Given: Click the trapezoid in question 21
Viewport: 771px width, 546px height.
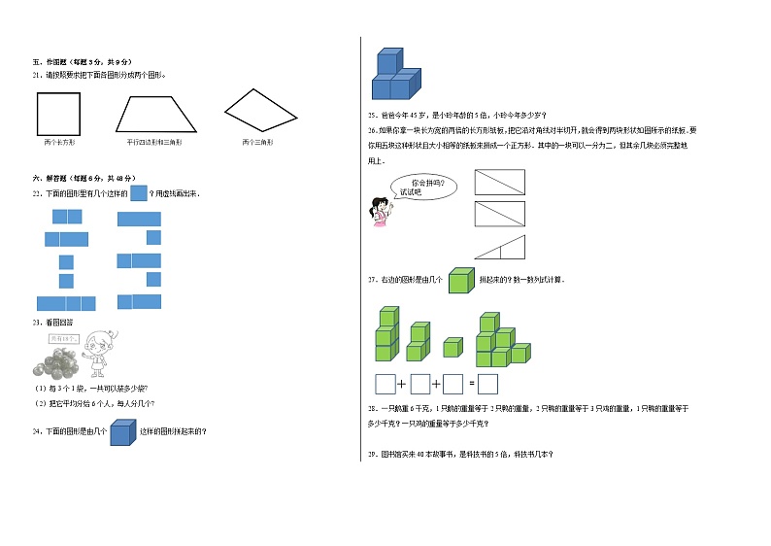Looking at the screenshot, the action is coord(155,114).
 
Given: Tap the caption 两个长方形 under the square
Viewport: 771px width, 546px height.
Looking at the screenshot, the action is coord(59,143).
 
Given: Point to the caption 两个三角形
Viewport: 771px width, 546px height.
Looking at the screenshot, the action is coord(257,143).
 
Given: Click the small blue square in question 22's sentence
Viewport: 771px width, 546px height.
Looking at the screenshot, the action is coord(138,193).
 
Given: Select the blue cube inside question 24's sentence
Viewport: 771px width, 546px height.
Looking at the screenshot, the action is coord(121,431).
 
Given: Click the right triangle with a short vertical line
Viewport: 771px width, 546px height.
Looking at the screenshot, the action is coord(499,250).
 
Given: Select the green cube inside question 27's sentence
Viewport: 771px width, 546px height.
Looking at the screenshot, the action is coord(460,280).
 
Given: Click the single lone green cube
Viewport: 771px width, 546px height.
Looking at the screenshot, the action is coord(453,347).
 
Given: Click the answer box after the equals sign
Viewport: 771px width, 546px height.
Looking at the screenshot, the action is coord(487,383).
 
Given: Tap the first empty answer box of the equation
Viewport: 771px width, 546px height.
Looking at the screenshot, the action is coord(385,383).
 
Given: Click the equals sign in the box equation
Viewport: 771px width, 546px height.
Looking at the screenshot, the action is coord(470,384).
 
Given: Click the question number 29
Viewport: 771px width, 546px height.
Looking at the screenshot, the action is coord(372,455).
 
